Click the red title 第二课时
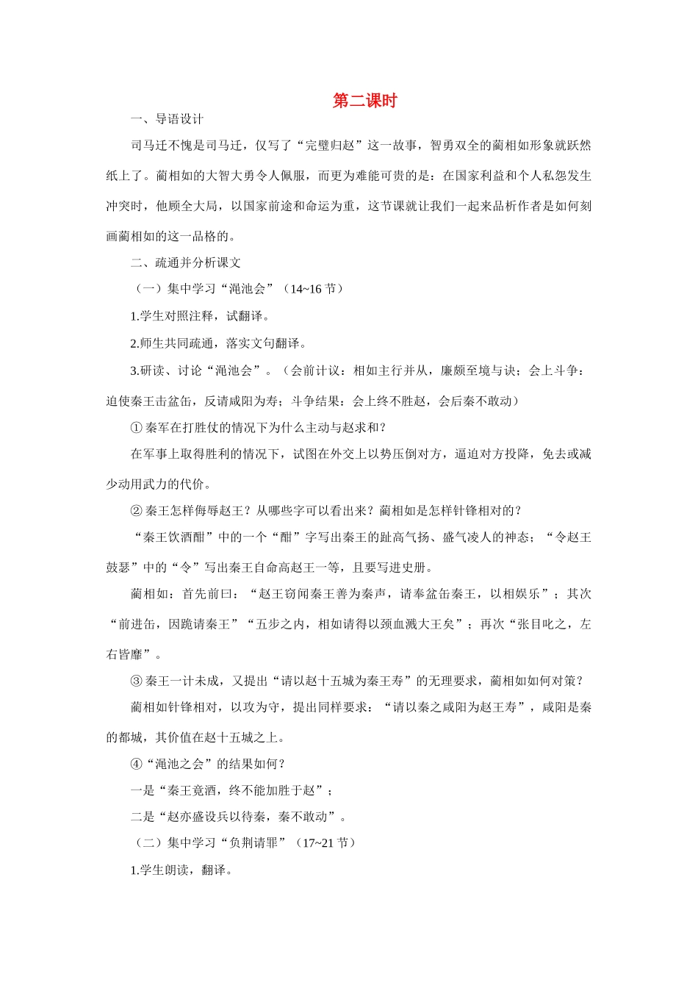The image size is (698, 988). point(364,101)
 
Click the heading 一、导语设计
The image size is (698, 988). point(167,119)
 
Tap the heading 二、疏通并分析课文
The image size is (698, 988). point(185,262)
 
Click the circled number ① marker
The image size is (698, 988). point(136,428)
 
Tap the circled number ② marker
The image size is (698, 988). point(136,511)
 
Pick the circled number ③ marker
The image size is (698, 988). point(136,681)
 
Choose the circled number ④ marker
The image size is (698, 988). point(136,765)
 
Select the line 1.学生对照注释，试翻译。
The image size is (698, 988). point(200,316)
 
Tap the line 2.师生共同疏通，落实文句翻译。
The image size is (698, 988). point(218,343)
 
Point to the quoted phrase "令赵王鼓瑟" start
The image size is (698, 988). point(566,537)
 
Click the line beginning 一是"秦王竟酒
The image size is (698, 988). point(231,791)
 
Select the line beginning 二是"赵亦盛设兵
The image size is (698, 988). point(237,817)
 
